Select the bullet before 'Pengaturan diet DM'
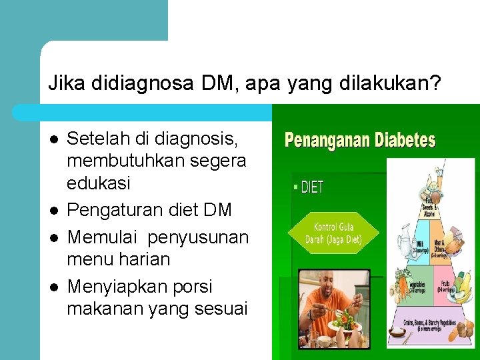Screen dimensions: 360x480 [x=54, y=211]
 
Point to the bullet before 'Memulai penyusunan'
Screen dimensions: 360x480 [x=54, y=237]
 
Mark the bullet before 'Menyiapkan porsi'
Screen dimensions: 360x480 [x=54, y=287]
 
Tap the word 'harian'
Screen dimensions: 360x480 [x=146, y=259]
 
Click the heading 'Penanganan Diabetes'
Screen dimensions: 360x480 [x=360, y=141]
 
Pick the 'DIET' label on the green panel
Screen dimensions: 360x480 [x=310, y=187]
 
